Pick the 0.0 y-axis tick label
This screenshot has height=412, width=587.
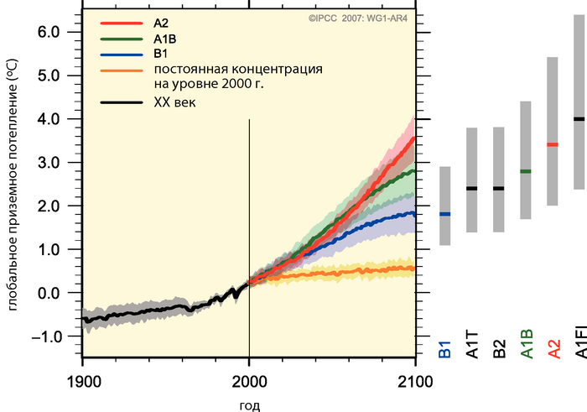pyautogui.click(x=49, y=293)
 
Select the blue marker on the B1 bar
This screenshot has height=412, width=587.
pyautogui.click(x=444, y=215)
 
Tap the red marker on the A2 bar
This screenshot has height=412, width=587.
pyautogui.click(x=552, y=144)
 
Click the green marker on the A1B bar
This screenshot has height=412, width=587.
pyautogui.click(x=525, y=171)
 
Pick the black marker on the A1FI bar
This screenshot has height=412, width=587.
pyautogui.click(x=579, y=118)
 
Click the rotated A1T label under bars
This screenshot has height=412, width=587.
pyautogui.click(x=472, y=345)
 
